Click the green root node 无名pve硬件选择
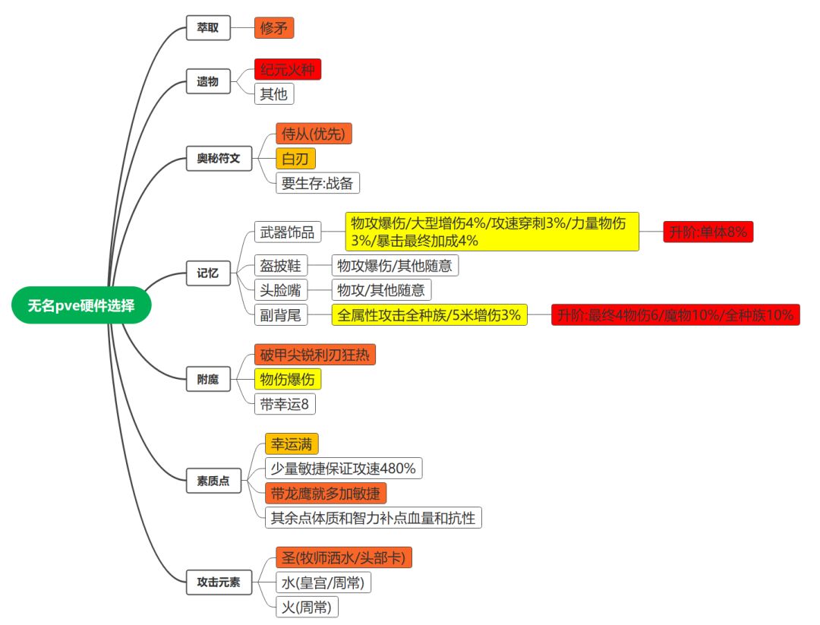tap(81, 306)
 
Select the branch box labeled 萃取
tap(208, 28)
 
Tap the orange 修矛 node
tap(274, 28)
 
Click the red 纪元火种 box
tap(288, 70)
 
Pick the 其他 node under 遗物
tap(274, 94)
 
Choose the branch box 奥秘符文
tap(219, 159)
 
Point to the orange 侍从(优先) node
tap(314, 134)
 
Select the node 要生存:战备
tap(317, 182)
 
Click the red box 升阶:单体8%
tap(708, 232)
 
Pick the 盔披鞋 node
tap(281, 265)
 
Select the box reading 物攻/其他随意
tap(381, 289)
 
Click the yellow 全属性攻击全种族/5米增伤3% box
tap(430, 314)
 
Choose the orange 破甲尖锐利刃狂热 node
tap(315, 354)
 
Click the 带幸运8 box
tap(285, 403)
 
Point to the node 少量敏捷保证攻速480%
tap(343, 468)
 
